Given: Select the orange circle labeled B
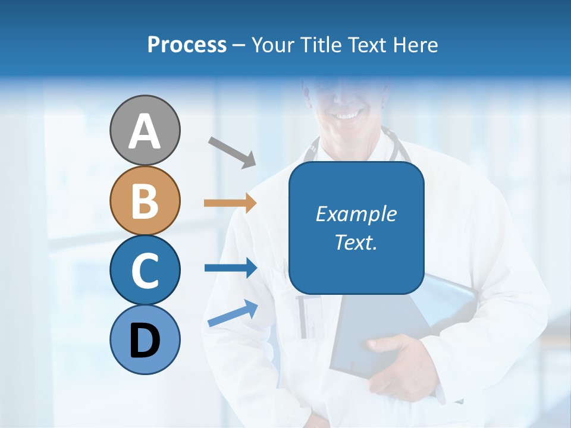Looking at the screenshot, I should [145, 200].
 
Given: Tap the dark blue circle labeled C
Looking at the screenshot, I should [145, 270].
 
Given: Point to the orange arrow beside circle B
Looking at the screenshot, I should [230, 203].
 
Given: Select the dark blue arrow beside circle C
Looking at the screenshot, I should [230, 268].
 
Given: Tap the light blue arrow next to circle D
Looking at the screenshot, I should [233, 313].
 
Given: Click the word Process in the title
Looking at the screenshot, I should [187, 45].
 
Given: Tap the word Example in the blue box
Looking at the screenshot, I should [356, 214].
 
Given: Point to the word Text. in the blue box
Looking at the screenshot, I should [356, 242].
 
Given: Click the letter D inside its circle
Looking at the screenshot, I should [145, 342].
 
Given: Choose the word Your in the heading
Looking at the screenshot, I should [275, 45].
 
